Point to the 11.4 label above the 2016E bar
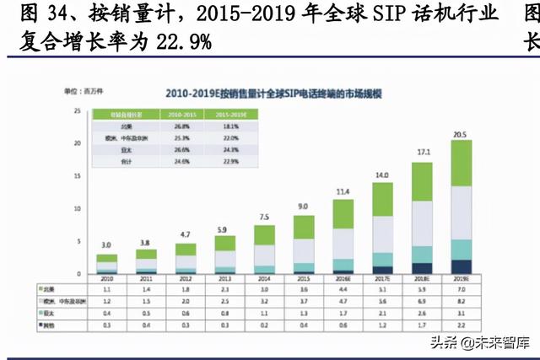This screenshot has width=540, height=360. (x=342, y=192)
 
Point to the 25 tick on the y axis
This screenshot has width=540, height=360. (x=78, y=111)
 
